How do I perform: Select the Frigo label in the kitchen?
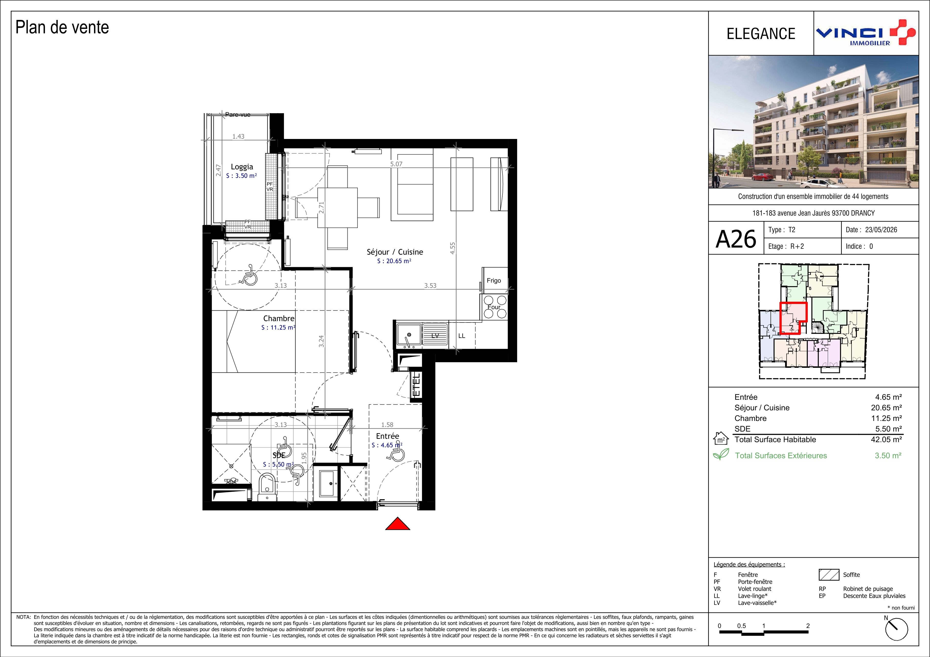pos(494,280)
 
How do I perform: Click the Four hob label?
pos(494,307)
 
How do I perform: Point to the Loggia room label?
pos(242,167)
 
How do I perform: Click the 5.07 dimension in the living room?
pos(396,164)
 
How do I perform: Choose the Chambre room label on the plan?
pos(279,319)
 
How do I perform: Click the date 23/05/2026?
pos(881,230)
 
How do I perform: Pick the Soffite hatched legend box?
pos(829,575)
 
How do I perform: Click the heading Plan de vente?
pos(62,28)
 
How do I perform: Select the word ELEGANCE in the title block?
pos(761,34)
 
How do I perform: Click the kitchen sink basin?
pos(409,335)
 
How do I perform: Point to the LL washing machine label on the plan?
pos(461,336)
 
